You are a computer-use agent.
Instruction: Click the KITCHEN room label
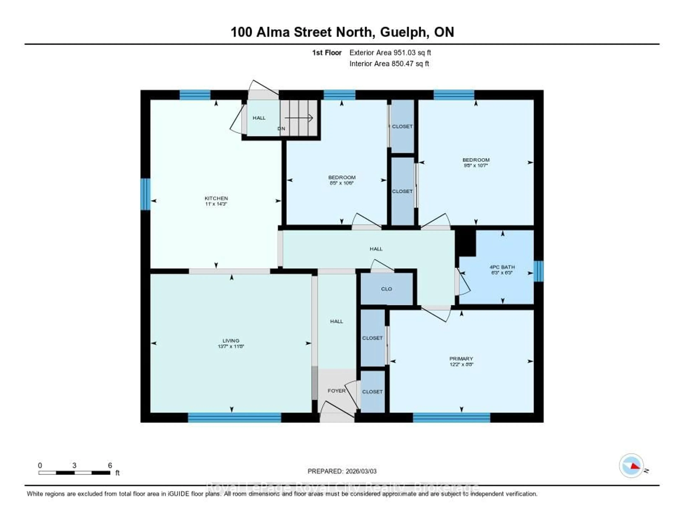pos(216,198)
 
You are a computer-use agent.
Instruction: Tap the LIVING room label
pos(231,341)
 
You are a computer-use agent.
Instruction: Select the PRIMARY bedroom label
pos(461,359)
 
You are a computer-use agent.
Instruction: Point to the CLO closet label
pos(387,289)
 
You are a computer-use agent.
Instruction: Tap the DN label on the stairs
pos(281,129)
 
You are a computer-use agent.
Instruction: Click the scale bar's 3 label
pos(74,465)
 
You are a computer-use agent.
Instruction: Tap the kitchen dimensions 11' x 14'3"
pos(216,204)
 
